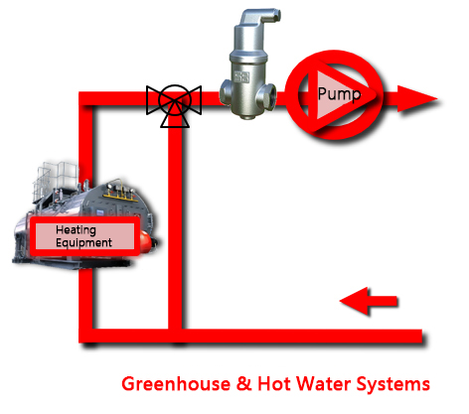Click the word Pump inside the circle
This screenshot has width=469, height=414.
(339, 94)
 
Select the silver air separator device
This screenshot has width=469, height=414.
(249, 64)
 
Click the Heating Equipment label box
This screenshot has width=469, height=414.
(84, 235)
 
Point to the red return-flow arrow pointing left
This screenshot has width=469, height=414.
(369, 301)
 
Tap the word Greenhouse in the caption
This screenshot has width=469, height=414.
(176, 384)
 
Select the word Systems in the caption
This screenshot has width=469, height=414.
(393, 385)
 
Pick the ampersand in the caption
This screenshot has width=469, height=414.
(244, 384)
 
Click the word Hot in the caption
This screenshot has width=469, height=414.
(274, 384)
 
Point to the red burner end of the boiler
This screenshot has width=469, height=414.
(148, 240)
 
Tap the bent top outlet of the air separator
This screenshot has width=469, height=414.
(259, 19)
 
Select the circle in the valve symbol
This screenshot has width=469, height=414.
(175, 100)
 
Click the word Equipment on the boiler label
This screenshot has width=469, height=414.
(83, 243)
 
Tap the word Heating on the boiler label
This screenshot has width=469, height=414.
(76, 230)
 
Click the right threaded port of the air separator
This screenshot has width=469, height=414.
(266, 95)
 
